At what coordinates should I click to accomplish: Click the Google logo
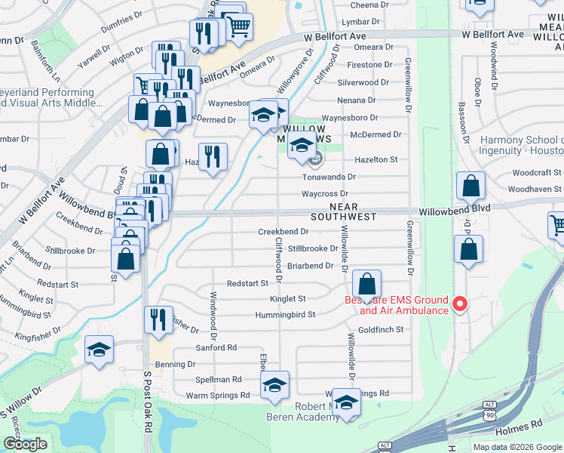[26, 444]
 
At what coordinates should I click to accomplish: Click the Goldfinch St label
[381, 330]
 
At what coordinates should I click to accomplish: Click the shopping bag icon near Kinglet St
[366, 285]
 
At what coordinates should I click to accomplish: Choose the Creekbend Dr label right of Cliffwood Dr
[284, 232]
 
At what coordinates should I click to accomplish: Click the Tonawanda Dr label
[329, 177]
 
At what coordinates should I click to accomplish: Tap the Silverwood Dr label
[364, 82]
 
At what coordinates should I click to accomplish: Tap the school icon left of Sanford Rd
[99, 350]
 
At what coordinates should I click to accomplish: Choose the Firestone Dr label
[368, 65]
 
